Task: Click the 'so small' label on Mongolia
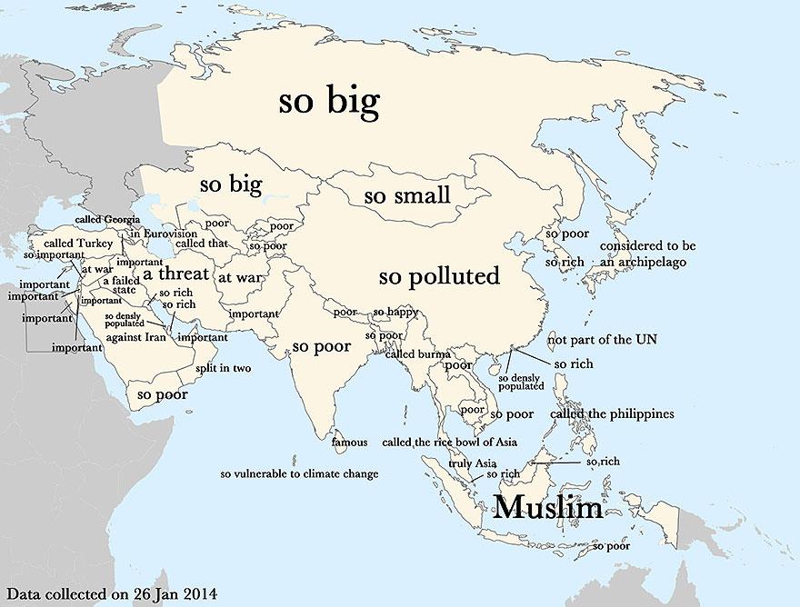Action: coord(406,195)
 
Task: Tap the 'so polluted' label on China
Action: coord(439,275)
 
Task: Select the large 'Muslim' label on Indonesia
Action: coord(547,507)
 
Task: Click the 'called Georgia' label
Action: coord(107,220)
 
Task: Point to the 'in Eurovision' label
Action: coord(163,234)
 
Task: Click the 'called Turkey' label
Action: coord(78,244)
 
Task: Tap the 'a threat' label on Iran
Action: coord(175,274)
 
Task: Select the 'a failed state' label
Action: coord(120,285)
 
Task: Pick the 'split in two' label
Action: coord(223,369)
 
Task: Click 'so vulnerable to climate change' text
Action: coord(299,473)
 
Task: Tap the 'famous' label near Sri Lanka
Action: coord(350,443)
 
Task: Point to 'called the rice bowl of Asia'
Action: coord(449,443)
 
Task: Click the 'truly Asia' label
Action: coord(472,463)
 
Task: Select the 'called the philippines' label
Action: coord(612,414)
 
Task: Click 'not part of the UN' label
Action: coord(601,340)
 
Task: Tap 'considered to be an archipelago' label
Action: coord(647,254)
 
